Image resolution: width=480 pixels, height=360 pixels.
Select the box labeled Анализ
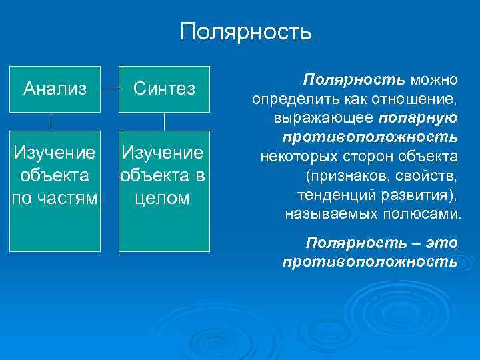pos(55,89)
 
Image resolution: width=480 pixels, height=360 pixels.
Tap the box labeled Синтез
pos(164,89)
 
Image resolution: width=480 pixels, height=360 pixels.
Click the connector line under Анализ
pos(51,121)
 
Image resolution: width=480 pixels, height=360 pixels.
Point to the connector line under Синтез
pos(164,121)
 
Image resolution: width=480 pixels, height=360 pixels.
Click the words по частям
pos(55,199)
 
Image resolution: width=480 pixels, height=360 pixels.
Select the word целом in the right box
pos(164,199)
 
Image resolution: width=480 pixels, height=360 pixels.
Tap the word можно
pos(434,80)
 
